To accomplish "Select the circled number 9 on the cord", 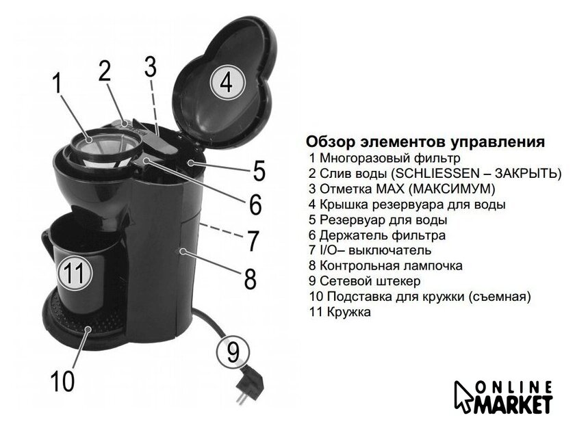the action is pyautogui.click(x=233, y=352).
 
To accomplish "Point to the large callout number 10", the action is pyautogui.click(x=63, y=382).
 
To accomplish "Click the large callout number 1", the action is pyautogui.click(x=57, y=83).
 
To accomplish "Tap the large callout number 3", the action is pyautogui.click(x=151, y=66).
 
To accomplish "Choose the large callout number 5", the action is pyautogui.click(x=259, y=170).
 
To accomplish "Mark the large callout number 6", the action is pyautogui.click(x=255, y=204).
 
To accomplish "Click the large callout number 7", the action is pyautogui.click(x=253, y=241).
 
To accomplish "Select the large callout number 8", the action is pyautogui.click(x=251, y=278).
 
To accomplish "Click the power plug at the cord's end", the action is pyautogui.click(x=248, y=385).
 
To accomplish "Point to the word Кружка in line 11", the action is pyautogui.click(x=348, y=312).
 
